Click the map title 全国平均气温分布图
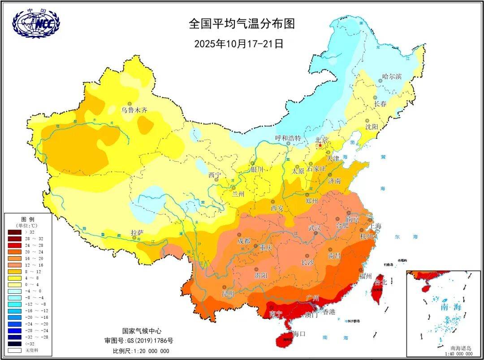(242, 24)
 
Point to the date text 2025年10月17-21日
(239, 44)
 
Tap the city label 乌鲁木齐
(134, 110)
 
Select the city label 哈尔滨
(392, 77)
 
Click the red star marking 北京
(320, 146)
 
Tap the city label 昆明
(228, 294)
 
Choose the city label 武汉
(315, 228)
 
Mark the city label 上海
(375, 226)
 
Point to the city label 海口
(298, 334)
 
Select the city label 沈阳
(371, 127)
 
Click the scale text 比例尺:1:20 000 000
(141, 351)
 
